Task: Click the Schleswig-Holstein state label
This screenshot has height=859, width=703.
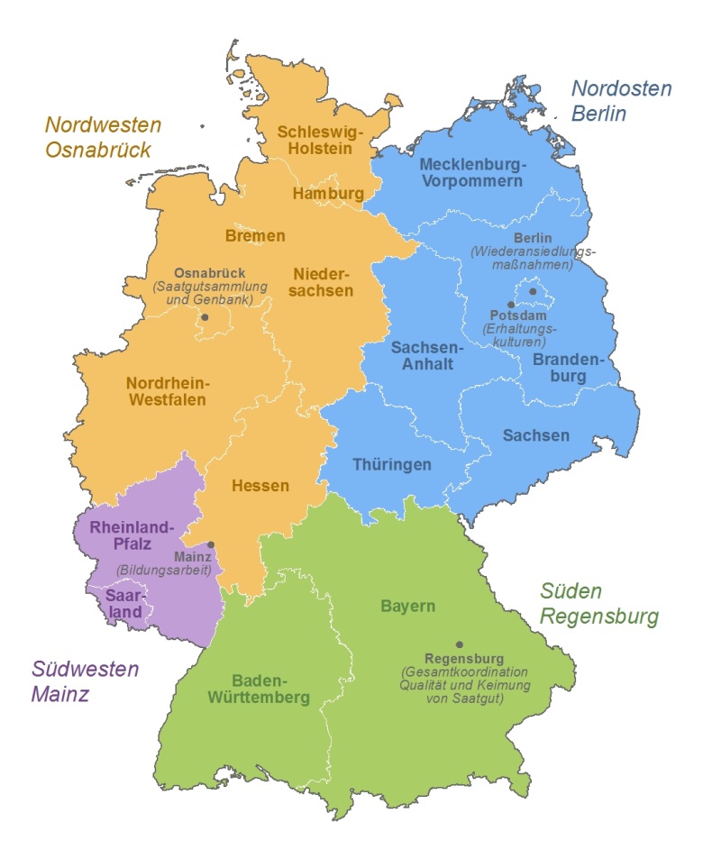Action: coord(320,140)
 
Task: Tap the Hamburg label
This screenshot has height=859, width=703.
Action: coord(328,194)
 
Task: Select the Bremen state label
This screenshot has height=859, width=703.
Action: coord(255,236)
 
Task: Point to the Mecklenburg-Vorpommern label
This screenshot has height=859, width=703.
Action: coord(471,172)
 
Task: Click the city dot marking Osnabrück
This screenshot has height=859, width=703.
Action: coord(205,317)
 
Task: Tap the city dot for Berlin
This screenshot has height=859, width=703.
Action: coord(533,291)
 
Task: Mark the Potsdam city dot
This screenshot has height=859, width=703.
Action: coord(510,305)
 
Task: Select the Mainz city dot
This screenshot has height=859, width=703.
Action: coord(211,544)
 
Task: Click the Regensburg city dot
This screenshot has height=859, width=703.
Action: coord(460,644)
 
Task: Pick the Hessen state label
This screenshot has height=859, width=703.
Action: coord(260,486)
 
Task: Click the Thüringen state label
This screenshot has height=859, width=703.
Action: coord(391,465)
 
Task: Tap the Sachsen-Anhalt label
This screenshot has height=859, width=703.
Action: coord(427,356)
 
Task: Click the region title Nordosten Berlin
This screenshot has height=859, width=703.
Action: coord(622,101)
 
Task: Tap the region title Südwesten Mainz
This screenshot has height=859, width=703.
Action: coord(86,681)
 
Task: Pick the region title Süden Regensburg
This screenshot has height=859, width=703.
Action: coord(599,604)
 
